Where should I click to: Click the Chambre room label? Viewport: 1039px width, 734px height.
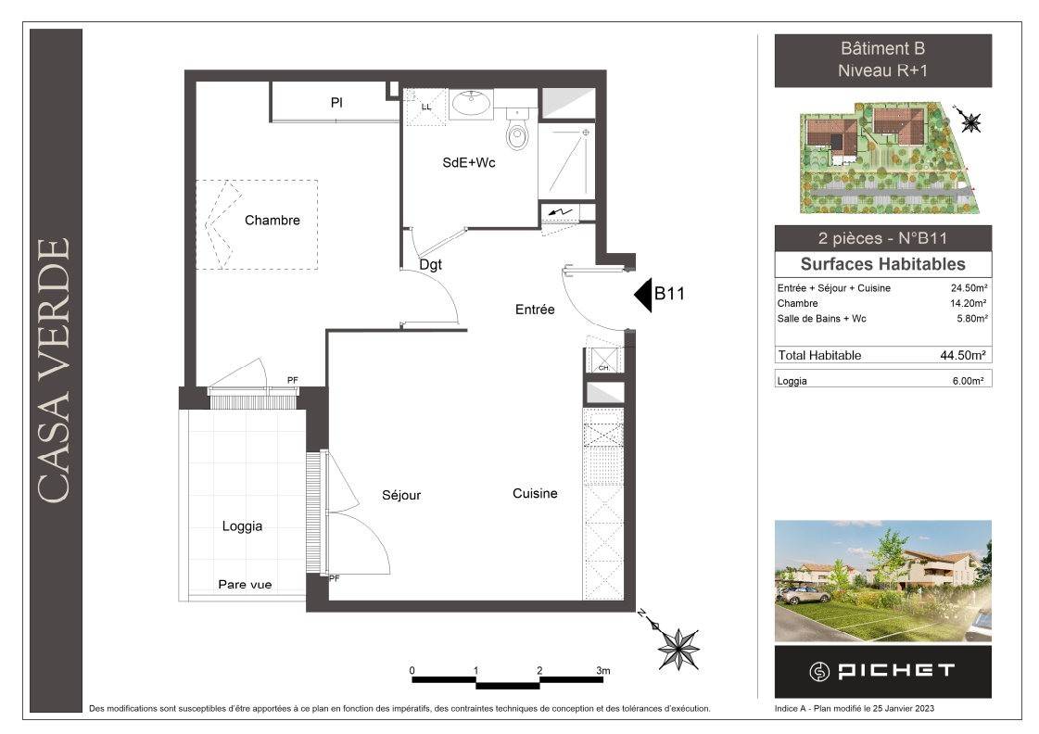272,220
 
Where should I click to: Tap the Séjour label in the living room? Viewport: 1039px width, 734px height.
401,496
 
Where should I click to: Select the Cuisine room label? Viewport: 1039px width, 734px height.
535,494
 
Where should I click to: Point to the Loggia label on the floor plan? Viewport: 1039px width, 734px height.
242,526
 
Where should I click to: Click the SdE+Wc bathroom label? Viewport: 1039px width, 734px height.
468,162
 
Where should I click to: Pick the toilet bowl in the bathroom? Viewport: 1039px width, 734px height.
517,133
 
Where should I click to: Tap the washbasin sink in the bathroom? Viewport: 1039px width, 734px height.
471,104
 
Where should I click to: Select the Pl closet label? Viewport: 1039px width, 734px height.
336,103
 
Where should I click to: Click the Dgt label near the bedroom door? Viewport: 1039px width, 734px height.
430,265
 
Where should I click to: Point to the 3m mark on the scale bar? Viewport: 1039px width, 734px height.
603,670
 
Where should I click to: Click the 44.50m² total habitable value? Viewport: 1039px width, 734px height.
962,355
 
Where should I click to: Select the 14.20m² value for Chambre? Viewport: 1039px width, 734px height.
969,303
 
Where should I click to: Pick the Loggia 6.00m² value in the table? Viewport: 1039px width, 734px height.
968,381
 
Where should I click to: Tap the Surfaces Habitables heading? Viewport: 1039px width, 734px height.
882,264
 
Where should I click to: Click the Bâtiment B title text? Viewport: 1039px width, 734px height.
882,48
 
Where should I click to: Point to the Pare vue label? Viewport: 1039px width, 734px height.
245,584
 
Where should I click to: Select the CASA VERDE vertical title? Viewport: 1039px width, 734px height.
54,370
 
